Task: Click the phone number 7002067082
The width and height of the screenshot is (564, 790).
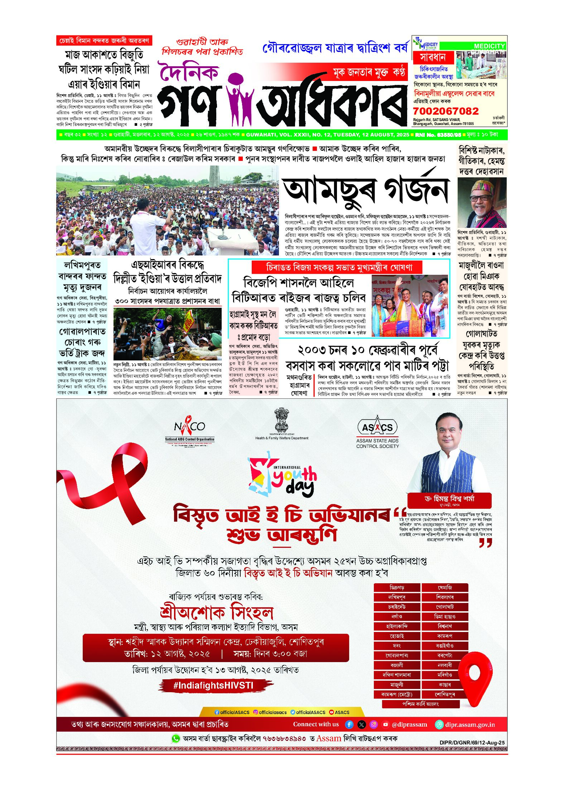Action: point(445,111)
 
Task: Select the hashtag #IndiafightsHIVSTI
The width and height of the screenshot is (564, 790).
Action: point(213,685)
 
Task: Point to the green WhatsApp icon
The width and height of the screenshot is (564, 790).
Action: point(176,738)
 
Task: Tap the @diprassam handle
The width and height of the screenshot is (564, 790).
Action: point(409,724)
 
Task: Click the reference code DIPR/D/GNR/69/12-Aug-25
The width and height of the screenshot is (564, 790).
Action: point(472,742)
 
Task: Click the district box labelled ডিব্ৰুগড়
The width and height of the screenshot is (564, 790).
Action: point(397,588)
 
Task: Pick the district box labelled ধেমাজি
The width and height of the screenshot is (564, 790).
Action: point(445,588)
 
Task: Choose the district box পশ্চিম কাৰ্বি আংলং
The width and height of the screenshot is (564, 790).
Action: point(420,704)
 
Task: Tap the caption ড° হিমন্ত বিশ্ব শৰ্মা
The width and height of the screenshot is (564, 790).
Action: point(449,498)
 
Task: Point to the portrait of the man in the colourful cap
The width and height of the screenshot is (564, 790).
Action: point(482,203)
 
